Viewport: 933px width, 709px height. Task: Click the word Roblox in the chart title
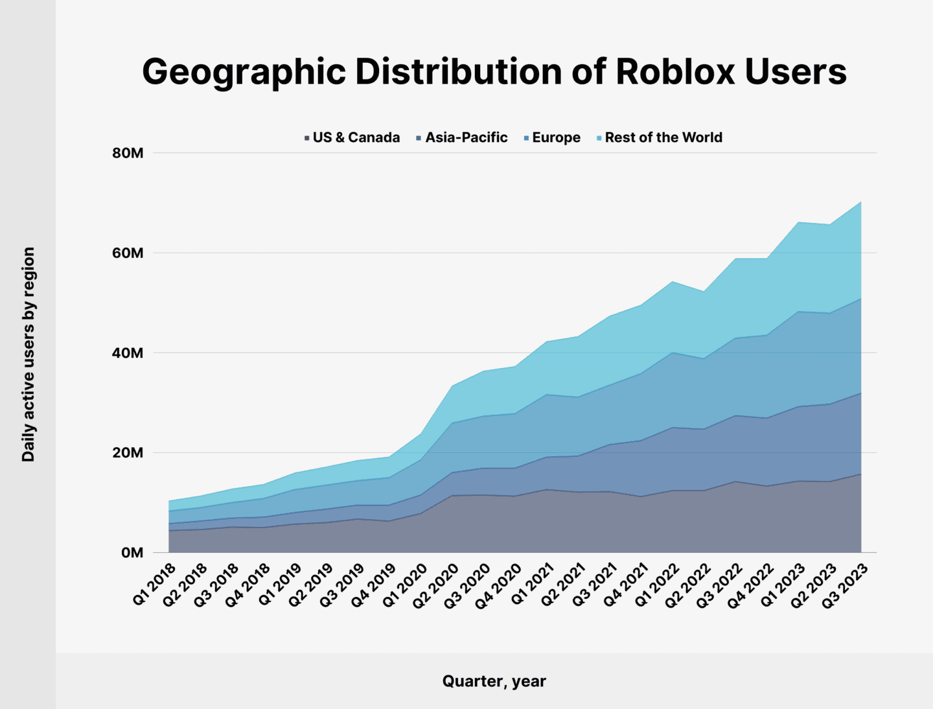(x=675, y=71)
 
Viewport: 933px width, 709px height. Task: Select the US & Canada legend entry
(x=352, y=137)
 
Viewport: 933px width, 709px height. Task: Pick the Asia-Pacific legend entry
(x=462, y=137)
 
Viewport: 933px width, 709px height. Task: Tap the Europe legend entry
(x=552, y=137)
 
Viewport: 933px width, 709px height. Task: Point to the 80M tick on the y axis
(x=128, y=154)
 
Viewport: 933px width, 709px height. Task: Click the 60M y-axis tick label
(x=128, y=253)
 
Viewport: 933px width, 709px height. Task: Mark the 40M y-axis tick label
(x=128, y=353)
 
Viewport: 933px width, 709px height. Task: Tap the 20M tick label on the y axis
(x=128, y=453)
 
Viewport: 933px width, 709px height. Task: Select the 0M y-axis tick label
(x=132, y=553)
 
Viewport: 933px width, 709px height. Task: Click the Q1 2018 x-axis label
(x=154, y=585)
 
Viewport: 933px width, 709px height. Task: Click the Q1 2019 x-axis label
(x=280, y=585)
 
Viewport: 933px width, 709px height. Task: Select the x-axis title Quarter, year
(x=494, y=681)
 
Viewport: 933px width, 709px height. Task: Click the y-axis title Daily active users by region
(x=29, y=354)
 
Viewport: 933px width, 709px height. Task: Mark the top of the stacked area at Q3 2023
(x=861, y=202)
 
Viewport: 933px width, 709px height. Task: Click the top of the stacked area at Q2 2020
(x=453, y=386)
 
